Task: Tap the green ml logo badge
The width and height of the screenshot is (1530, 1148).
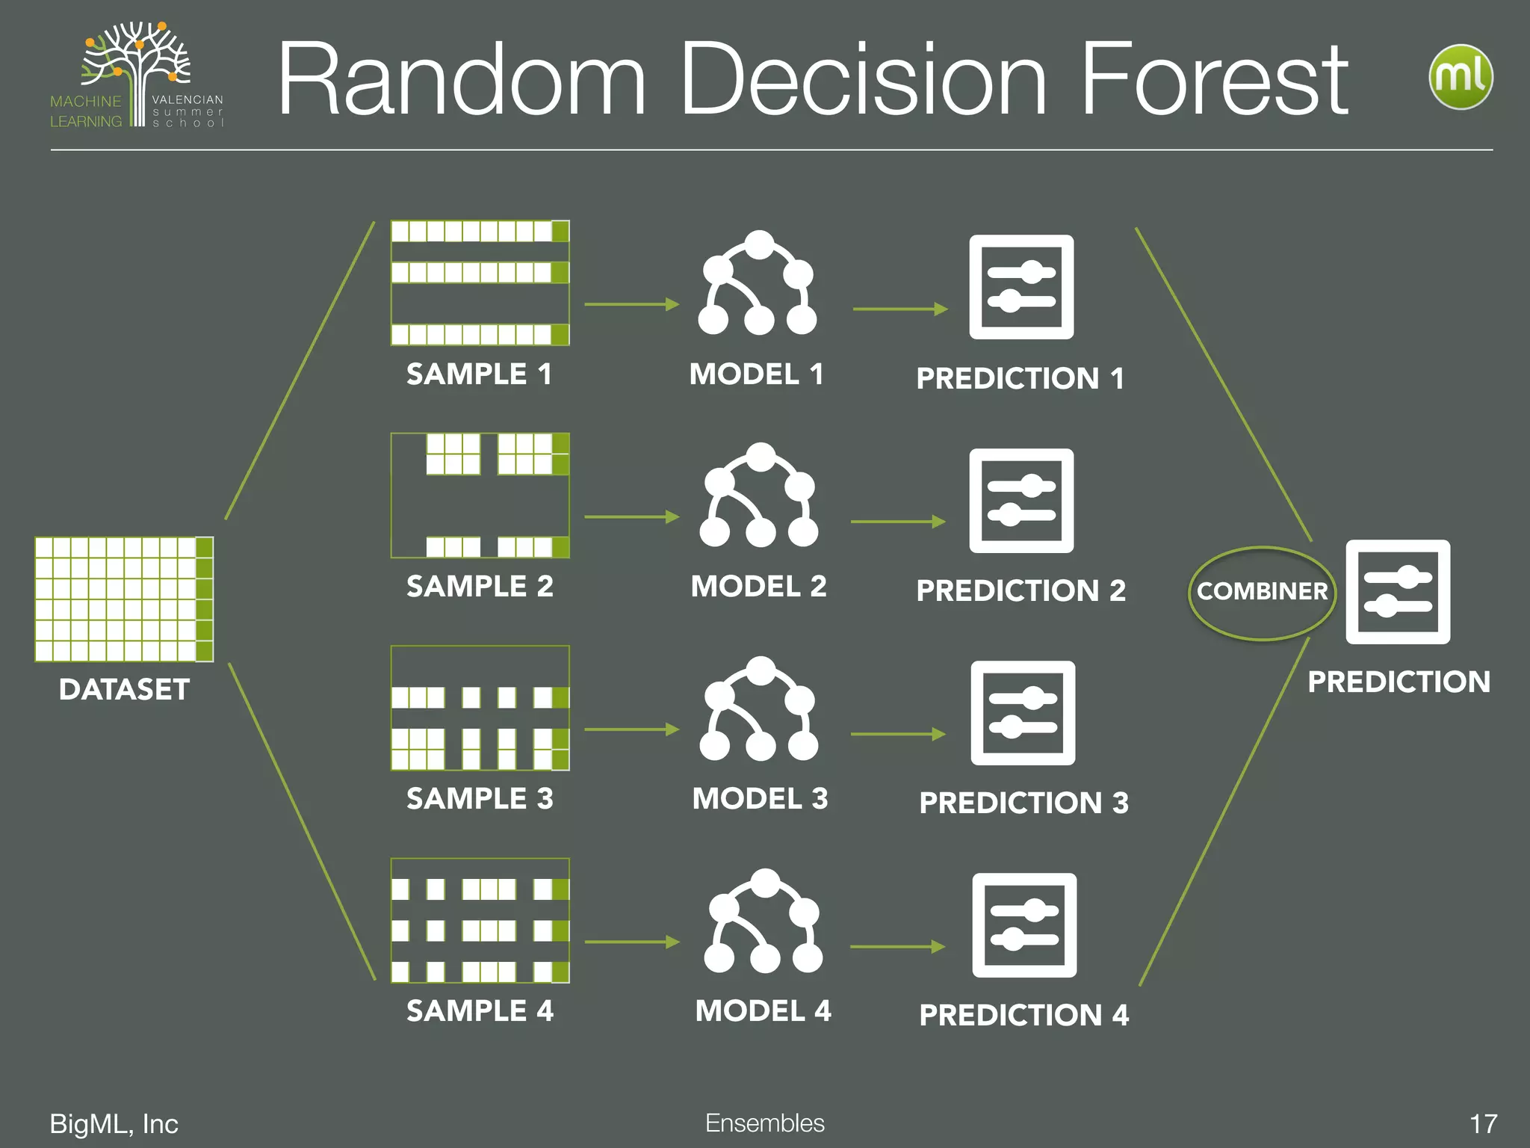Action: coord(1461,77)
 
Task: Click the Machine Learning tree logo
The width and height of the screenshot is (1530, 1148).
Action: coord(137,75)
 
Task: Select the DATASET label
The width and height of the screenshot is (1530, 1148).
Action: coord(124,689)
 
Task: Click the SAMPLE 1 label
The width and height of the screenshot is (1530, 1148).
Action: coord(479,374)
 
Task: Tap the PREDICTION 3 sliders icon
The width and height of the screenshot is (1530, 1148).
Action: coord(1023,713)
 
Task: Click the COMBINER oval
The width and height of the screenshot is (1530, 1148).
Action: coord(1262,592)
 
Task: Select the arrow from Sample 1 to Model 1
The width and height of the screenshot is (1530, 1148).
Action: coord(631,304)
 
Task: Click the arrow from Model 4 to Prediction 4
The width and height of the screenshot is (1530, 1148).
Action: coord(897,947)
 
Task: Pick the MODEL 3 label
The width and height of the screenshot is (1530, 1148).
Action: coord(760,798)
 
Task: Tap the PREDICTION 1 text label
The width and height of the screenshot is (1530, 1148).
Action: coord(1020,378)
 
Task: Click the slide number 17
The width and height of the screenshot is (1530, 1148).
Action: coord(1483,1123)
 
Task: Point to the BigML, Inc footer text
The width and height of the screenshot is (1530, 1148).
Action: coord(114,1123)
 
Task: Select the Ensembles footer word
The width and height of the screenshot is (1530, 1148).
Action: coord(765,1123)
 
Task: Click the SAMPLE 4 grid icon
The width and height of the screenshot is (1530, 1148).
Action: coord(480,920)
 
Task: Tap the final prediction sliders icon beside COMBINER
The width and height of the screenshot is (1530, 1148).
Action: coord(1398,592)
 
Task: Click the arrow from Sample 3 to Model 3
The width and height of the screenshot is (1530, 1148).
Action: coord(631,729)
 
